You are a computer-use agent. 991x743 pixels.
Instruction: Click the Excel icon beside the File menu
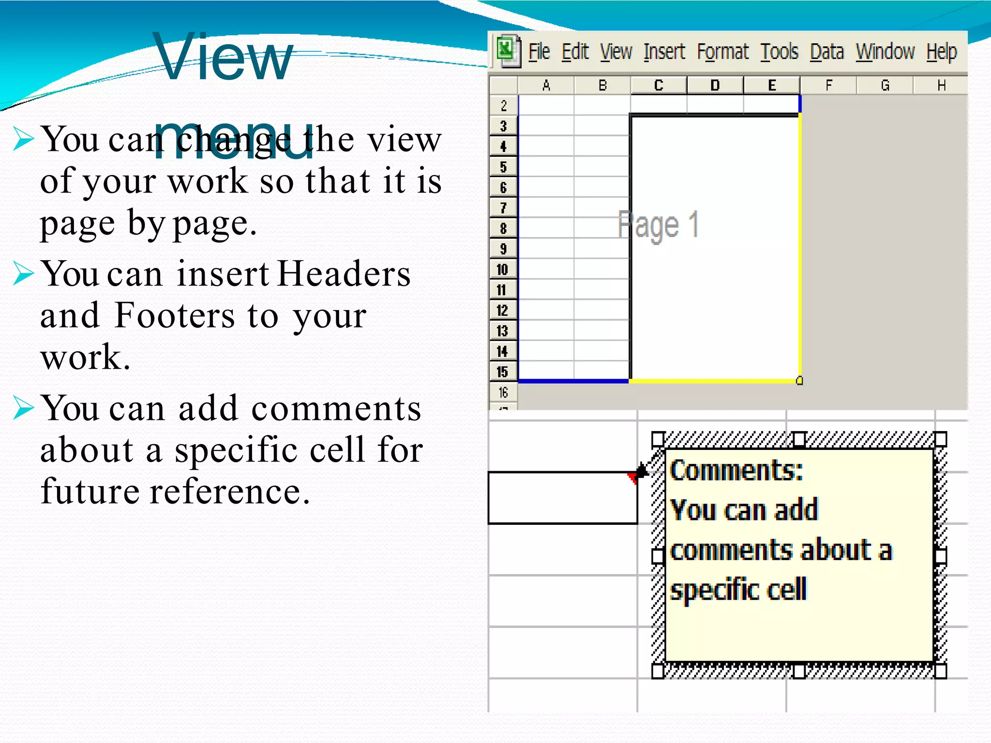click(x=507, y=50)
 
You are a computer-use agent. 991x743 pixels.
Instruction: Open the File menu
click(x=539, y=51)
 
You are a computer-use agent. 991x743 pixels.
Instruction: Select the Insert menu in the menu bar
click(x=664, y=51)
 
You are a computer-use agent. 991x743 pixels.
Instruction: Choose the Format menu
click(x=722, y=51)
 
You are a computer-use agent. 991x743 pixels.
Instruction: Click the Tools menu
click(x=779, y=51)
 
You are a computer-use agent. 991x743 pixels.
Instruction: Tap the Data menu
click(x=827, y=51)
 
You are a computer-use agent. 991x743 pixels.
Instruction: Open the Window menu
click(x=885, y=51)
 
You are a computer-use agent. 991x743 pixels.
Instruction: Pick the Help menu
click(x=942, y=51)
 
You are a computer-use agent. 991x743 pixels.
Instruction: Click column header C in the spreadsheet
click(x=659, y=86)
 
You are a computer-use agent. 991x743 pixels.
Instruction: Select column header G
click(x=885, y=86)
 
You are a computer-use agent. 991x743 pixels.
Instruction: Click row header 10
click(x=503, y=269)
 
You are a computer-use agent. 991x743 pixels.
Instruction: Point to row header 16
click(x=503, y=392)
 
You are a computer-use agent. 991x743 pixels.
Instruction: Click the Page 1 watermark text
click(x=658, y=225)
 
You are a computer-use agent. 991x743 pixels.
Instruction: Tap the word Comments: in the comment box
click(x=736, y=470)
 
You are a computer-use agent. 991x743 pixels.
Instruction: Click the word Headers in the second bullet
click(x=344, y=274)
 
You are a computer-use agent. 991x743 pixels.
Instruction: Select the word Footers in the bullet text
click(x=175, y=315)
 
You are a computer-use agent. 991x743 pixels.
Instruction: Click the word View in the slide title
click(x=224, y=58)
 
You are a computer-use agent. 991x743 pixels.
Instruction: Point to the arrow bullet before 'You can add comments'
click(x=23, y=407)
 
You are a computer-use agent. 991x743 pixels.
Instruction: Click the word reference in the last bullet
click(x=229, y=491)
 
